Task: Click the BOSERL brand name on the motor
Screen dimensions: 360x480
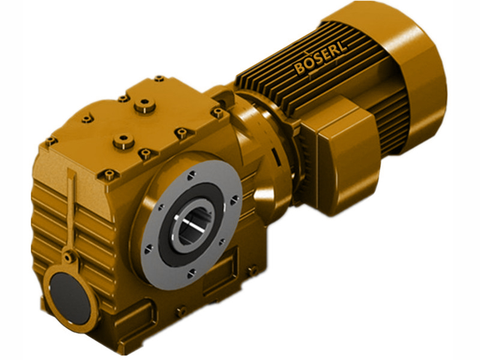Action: click(321, 59)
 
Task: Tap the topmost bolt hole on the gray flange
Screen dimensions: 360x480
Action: click(191, 175)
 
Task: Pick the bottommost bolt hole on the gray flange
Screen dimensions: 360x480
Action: click(191, 274)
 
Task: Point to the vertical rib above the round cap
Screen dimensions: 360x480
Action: click(72, 204)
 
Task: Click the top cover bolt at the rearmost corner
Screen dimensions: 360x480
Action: click(159, 79)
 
